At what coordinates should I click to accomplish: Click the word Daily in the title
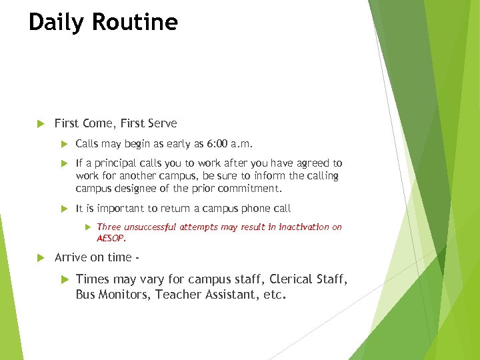[x=57, y=23]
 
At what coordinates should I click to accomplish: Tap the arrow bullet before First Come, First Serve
[x=39, y=123]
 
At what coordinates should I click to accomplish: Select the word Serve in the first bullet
[x=162, y=123]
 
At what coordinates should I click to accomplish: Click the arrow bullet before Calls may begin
[x=65, y=143]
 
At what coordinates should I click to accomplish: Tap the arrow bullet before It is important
[x=65, y=209]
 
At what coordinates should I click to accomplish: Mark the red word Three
[x=109, y=227]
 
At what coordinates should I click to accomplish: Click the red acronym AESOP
[x=111, y=237]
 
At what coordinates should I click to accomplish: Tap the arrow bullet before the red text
[x=87, y=227]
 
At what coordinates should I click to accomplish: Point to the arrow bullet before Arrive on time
[x=39, y=257]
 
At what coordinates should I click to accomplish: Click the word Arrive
[x=71, y=257]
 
